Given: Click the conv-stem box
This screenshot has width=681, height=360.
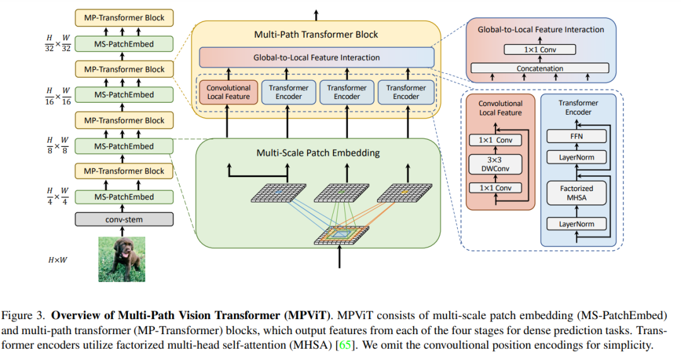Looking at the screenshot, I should (124, 220).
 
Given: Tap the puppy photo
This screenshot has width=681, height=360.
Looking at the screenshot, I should (122, 258).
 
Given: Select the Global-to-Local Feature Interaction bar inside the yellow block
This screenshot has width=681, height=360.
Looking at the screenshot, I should (317, 57).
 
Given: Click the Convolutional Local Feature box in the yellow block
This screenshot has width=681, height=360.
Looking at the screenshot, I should (229, 92).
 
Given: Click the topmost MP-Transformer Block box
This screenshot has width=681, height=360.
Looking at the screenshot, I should (124, 18).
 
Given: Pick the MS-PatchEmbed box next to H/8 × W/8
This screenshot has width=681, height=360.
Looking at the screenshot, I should (124, 146).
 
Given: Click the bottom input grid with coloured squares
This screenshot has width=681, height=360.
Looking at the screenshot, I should (340, 235).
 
